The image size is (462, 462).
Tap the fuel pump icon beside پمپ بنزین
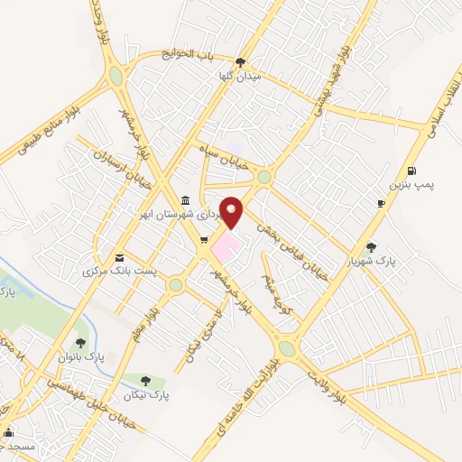pyautogui.click(x=412, y=171)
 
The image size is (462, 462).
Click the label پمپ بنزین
pyautogui.click(x=411, y=185)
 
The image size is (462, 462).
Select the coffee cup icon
pyautogui.click(x=381, y=203)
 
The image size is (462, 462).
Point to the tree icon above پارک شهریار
pyautogui.click(x=372, y=246)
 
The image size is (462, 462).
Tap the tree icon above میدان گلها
pyautogui.click(x=239, y=63)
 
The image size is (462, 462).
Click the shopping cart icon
pyautogui.click(x=204, y=239)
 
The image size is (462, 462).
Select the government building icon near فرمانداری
pyautogui.click(x=185, y=200)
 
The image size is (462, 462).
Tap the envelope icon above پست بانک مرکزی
pyautogui.click(x=119, y=256)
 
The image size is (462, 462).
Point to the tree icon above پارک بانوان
pyautogui.click(x=81, y=343)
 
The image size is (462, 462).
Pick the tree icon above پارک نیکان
pyautogui.click(x=145, y=381)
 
